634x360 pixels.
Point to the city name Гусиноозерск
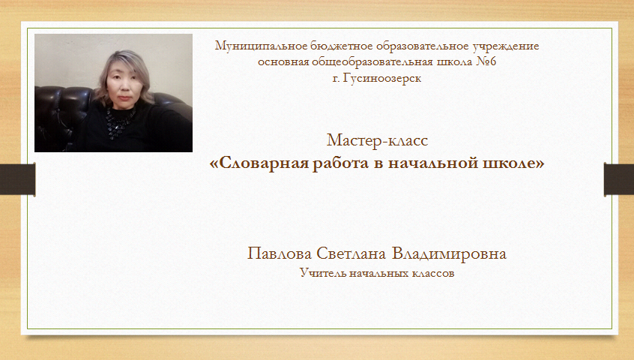pos(381,78)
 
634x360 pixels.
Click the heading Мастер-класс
pos(377,140)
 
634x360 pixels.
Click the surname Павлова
pos(280,253)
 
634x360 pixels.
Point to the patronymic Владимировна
pos(449,253)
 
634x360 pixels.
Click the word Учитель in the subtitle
pos(322,273)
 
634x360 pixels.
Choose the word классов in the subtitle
pos(433,274)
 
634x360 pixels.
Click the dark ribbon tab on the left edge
pos(18,179)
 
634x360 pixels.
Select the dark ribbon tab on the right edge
pos(618,179)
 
